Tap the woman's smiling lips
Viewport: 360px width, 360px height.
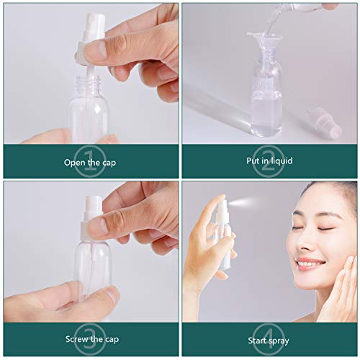tap(311, 263)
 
